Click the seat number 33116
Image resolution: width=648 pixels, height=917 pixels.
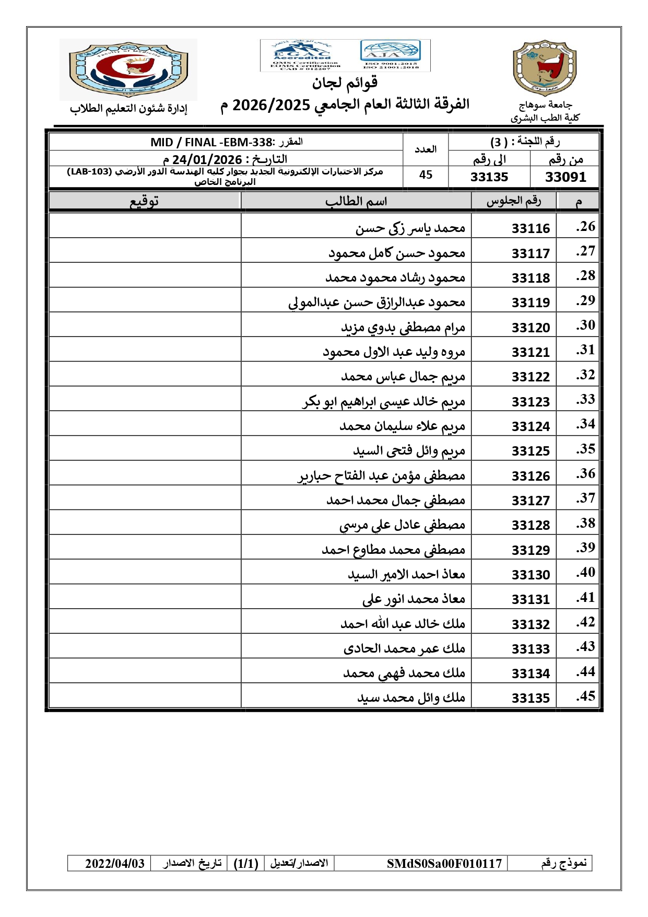point(531,228)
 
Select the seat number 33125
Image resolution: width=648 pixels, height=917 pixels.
point(531,451)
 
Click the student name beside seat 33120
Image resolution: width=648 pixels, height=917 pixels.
point(403,328)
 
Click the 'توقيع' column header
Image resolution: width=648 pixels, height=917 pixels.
point(144,201)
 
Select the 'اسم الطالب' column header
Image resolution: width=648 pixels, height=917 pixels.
point(356,201)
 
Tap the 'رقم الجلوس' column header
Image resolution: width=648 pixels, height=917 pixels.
point(514,201)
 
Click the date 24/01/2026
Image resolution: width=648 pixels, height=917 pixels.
point(207,159)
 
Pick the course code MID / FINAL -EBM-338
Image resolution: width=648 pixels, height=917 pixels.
point(211,142)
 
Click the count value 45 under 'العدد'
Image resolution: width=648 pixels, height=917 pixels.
point(426,175)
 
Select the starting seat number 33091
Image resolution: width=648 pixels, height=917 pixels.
point(565,177)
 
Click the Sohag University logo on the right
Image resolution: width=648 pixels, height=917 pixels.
point(545,68)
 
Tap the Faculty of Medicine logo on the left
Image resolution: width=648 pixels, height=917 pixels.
point(128,69)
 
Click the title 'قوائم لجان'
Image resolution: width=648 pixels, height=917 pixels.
point(345,83)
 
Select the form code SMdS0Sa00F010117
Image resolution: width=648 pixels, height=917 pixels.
point(444,864)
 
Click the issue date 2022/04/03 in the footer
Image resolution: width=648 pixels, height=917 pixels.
point(115,864)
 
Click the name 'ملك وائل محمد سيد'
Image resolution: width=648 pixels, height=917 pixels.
point(411,698)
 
